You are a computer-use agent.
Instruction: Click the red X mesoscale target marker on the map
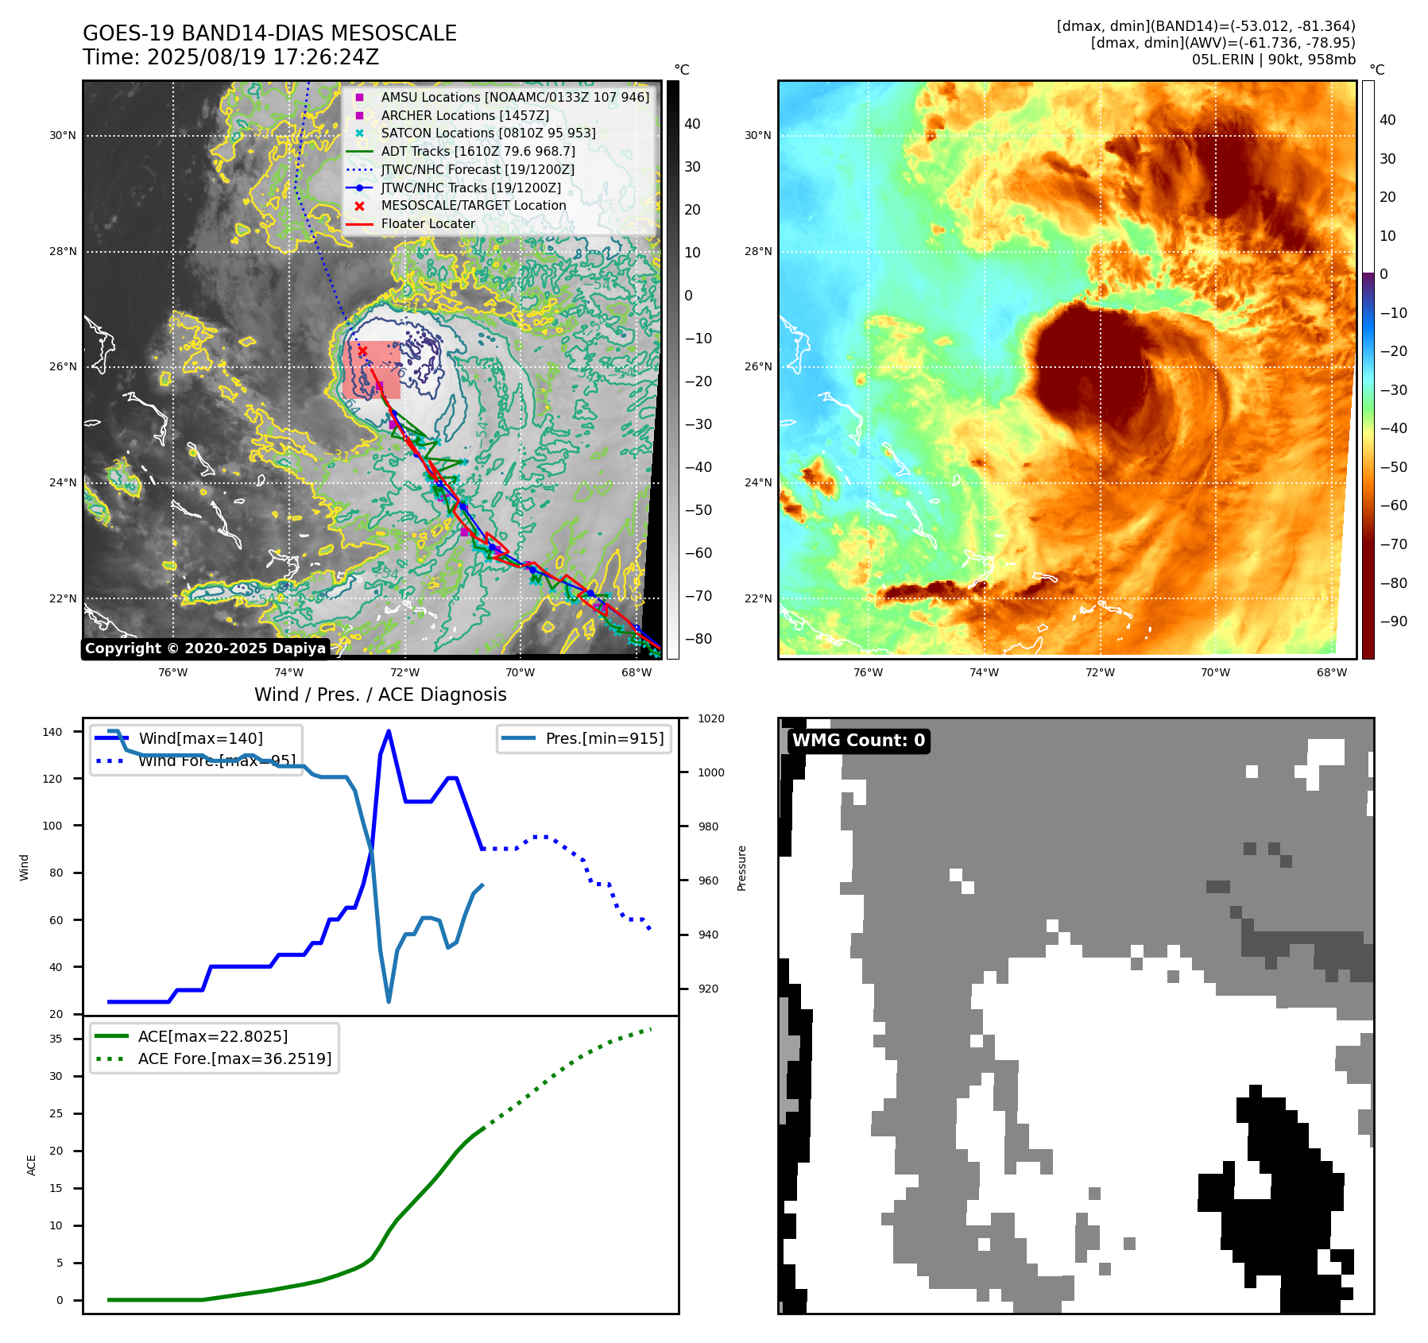coord(362,350)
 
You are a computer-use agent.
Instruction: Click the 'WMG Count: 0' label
coord(858,741)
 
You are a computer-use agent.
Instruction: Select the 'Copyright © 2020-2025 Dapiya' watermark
coord(205,648)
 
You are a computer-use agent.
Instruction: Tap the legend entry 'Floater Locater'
coord(428,224)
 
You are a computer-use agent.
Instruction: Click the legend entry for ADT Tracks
coord(478,151)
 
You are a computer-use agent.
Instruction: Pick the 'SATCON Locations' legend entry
coord(488,133)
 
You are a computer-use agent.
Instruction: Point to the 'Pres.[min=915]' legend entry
coord(604,738)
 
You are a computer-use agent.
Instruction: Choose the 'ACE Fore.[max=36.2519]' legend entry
coord(234,1059)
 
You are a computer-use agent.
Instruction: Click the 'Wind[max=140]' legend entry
coord(200,738)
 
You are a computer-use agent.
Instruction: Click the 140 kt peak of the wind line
coord(389,731)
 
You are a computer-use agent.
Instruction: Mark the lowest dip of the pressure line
coord(389,1002)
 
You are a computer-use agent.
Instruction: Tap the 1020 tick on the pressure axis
coord(710,719)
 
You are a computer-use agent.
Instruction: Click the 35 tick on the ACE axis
coord(56,1039)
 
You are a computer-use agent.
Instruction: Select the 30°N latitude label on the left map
coord(63,136)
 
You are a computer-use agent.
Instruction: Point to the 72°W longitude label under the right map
coord(1100,673)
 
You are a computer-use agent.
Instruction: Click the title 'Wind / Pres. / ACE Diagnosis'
coord(380,695)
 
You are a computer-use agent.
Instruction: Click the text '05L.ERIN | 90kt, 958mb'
coord(1273,60)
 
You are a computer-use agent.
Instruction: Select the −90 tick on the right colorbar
coord(1393,621)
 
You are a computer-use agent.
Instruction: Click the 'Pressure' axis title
coord(742,868)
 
